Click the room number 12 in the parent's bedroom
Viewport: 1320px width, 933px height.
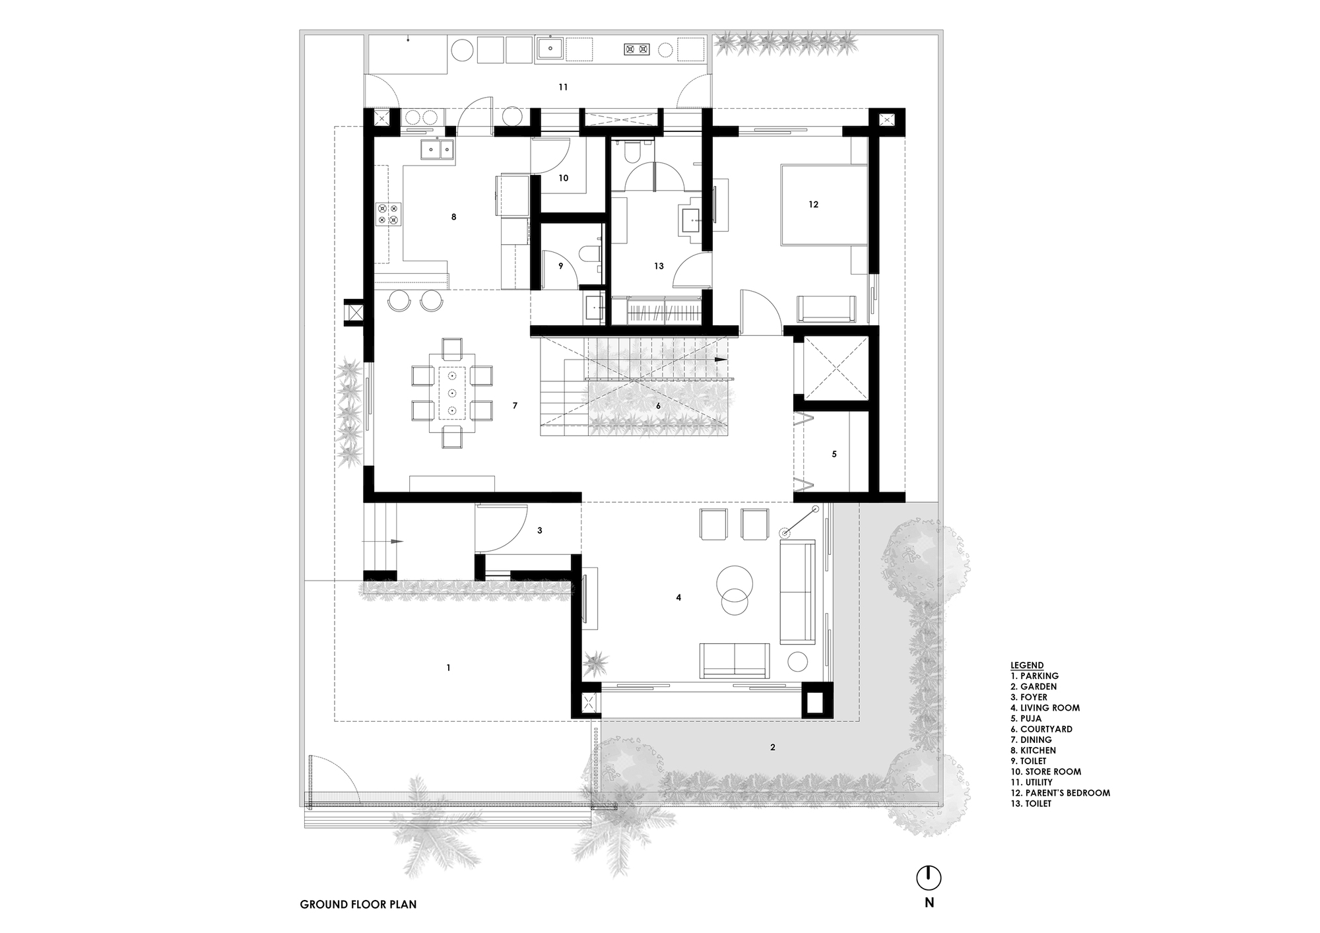pos(813,205)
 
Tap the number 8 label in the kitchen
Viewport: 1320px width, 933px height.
pos(453,216)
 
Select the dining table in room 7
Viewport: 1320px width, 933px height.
pos(452,393)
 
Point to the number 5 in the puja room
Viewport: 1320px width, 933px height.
pos(834,454)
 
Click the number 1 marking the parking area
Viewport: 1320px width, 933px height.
pos(448,668)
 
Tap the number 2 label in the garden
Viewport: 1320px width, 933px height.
pos(773,747)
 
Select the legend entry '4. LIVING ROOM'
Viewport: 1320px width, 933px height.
pos(1045,707)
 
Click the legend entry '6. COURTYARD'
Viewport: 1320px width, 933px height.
pos(1041,729)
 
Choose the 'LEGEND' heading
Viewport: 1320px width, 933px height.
pos(1027,665)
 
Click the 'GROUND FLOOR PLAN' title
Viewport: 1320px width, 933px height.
pos(358,904)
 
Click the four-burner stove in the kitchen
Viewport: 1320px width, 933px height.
pos(388,214)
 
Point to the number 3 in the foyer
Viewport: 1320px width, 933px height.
pos(540,530)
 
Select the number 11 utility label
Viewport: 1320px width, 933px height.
pos(563,87)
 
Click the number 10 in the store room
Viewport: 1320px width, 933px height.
pos(563,177)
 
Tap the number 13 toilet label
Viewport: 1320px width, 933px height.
pos(659,266)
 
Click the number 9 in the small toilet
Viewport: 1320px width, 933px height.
pos(561,266)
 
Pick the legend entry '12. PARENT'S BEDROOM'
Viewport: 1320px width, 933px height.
pos(1060,792)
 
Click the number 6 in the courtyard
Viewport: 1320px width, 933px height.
pos(658,406)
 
